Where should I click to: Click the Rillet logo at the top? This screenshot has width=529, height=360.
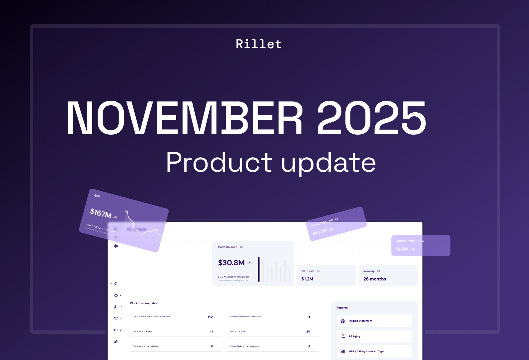(259, 44)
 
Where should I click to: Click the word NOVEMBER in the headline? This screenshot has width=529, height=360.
(184, 118)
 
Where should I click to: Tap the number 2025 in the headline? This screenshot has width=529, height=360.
(371, 118)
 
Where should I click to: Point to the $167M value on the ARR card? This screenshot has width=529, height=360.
(100, 213)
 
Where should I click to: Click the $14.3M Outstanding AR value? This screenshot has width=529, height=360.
(320, 231)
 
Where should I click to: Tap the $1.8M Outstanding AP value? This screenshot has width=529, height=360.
(402, 249)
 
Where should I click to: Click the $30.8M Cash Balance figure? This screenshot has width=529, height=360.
(231, 263)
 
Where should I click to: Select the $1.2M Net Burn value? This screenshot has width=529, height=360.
(307, 279)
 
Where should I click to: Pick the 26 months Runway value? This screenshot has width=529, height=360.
(374, 279)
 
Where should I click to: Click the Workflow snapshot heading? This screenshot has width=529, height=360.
(144, 303)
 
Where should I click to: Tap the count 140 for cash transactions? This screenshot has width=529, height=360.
(210, 317)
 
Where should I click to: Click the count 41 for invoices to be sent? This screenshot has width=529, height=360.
(211, 332)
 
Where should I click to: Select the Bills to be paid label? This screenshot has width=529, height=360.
(238, 332)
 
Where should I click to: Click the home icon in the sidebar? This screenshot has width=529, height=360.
(116, 284)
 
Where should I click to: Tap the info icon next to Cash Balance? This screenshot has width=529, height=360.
(241, 247)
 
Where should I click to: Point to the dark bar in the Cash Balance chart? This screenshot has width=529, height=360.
(259, 269)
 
